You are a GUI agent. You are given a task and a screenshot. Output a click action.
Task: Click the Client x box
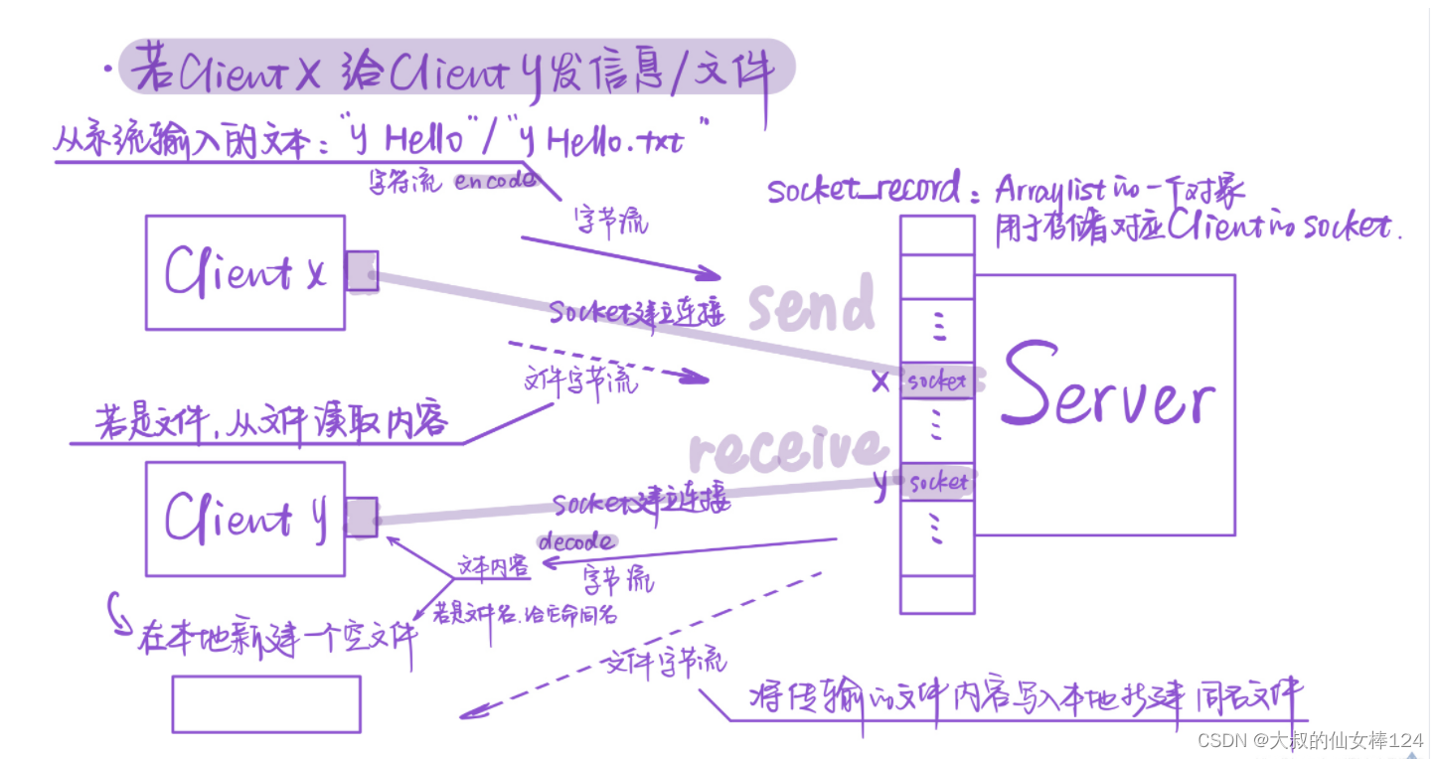pos(244,272)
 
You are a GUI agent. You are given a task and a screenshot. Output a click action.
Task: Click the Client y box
pos(244,518)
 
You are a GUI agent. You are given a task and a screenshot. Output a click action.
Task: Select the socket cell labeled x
pos(937,381)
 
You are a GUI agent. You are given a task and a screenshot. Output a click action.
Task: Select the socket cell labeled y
pos(937,483)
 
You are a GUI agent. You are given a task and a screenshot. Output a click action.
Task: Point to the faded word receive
pos(785,449)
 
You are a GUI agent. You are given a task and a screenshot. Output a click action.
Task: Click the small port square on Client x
pos(362,270)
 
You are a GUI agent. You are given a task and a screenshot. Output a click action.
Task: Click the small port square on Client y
pos(362,517)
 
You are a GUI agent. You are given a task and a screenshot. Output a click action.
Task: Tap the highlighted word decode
pos(575,542)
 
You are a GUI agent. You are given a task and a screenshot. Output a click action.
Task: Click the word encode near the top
pos(495,181)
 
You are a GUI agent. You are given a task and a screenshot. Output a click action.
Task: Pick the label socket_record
pos(865,190)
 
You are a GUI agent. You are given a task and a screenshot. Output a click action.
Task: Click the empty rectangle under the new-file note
pos(266,704)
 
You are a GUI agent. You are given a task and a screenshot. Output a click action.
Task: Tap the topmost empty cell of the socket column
pos(937,234)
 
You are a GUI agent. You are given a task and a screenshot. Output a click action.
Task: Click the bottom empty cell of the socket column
pos(937,594)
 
